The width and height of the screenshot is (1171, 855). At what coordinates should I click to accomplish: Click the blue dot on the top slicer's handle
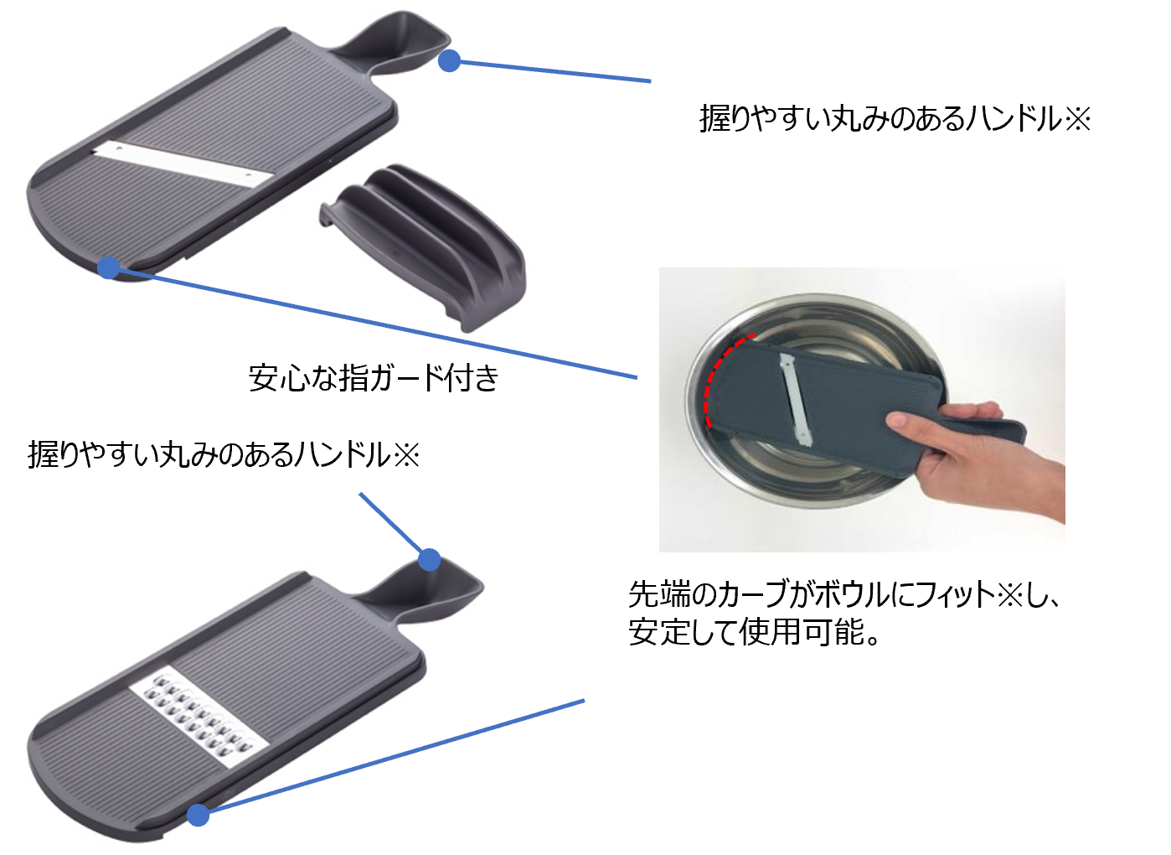coord(449,60)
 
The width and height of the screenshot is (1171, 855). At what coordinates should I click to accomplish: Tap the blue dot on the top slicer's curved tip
coord(109,267)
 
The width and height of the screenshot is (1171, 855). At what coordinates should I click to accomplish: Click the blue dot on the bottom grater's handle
coord(429,559)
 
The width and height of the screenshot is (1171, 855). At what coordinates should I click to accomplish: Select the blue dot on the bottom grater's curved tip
coord(199,816)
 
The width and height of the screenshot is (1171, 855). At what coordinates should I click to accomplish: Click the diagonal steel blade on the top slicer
coord(183,164)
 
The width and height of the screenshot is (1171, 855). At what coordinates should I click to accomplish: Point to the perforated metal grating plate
coord(199,717)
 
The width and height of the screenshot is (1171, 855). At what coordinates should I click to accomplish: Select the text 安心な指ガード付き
coord(374,378)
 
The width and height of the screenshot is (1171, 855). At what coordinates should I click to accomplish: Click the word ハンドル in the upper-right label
coord(1014,119)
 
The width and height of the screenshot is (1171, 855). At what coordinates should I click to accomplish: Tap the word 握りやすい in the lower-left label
coord(92,454)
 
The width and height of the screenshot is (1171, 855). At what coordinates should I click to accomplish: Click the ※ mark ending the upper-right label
coord(1077,119)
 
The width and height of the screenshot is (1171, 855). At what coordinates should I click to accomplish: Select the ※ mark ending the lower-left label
coord(406,454)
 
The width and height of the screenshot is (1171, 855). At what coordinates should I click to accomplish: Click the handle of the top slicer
coord(392,44)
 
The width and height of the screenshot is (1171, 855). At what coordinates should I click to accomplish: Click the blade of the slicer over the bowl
coord(796,399)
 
